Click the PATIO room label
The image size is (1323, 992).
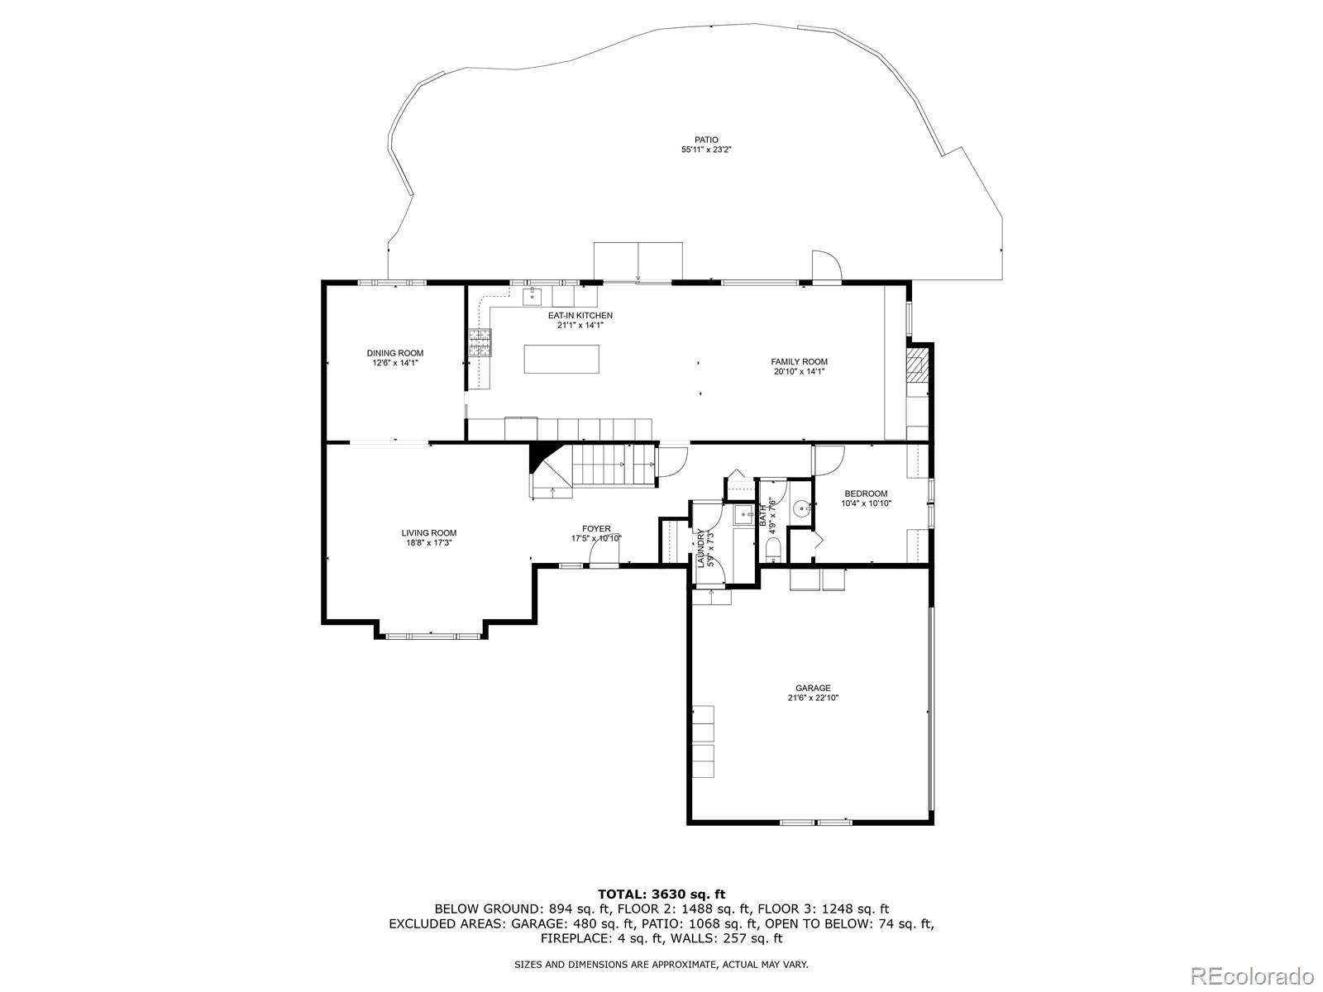tap(706, 140)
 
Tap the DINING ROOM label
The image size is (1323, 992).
tap(394, 353)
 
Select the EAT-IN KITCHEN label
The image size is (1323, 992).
tap(580, 315)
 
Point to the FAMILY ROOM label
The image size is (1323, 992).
tap(799, 361)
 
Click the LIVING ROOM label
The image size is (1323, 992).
tap(428, 532)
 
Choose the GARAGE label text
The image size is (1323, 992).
tap(813, 687)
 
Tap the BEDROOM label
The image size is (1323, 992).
tap(866, 494)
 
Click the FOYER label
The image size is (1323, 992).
tap(595, 528)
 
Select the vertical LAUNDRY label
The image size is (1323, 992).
tap(700, 548)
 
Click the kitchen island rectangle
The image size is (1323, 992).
tap(561, 359)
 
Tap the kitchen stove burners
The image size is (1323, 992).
tap(480, 343)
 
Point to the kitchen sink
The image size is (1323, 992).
tap(533, 296)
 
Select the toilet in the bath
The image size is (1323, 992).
tap(772, 549)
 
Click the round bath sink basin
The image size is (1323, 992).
tap(802, 508)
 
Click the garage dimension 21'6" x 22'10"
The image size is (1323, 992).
tap(813, 698)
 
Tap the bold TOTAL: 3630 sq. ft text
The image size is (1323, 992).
tap(661, 894)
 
